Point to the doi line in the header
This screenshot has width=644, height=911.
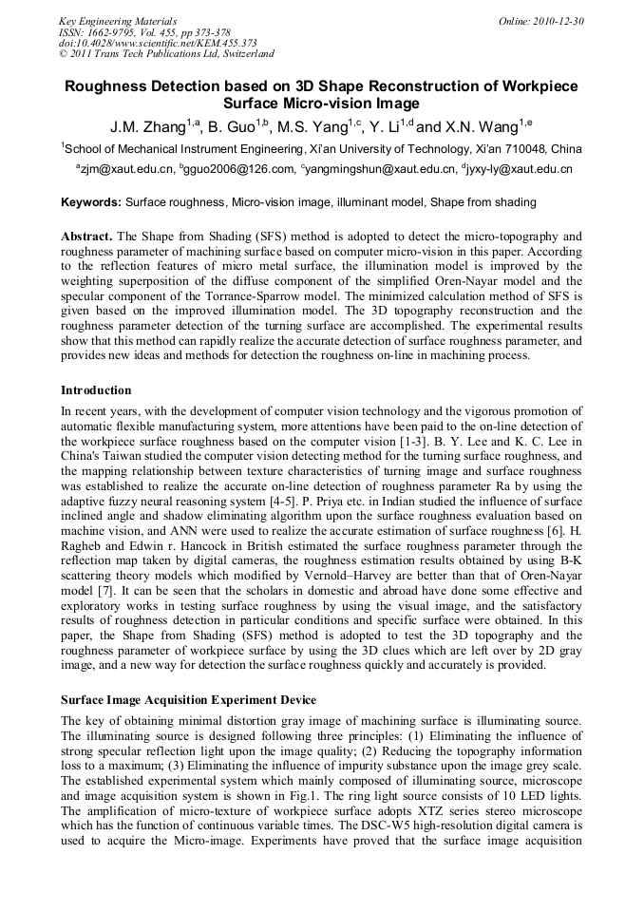pyautogui.click(x=158, y=44)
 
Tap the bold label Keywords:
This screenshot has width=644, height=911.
pyautogui.click(x=91, y=202)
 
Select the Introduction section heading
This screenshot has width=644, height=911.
pyautogui.click(x=96, y=390)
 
